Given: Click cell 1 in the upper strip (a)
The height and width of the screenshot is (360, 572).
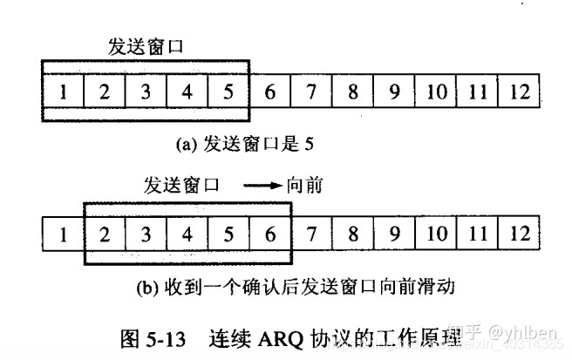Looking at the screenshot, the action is [x=63, y=92].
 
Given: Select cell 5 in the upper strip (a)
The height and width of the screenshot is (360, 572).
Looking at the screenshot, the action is [x=228, y=92].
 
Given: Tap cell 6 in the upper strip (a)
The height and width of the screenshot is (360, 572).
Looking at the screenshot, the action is [x=269, y=92].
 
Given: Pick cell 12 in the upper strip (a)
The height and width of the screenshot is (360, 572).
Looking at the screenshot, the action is [x=519, y=92].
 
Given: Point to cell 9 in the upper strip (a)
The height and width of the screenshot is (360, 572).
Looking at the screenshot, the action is [x=394, y=92].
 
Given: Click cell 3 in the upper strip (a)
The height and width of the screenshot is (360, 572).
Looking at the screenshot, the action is [x=146, y=92].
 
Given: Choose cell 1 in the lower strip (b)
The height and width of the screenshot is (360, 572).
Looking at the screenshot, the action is [x=63, y=234].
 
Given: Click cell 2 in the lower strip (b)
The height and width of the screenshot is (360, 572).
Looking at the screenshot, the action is [x=105, y=234].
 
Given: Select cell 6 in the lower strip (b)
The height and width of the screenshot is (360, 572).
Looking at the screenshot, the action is [x=269, y=234].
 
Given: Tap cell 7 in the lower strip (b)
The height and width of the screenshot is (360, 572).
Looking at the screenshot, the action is [x=311, y=234].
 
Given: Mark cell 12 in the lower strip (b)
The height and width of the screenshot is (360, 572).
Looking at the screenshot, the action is [x=519, y=234].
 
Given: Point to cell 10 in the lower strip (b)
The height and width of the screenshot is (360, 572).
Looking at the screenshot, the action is [x=436, y=234].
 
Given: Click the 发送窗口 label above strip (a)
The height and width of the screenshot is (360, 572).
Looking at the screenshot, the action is [x=146, y=46].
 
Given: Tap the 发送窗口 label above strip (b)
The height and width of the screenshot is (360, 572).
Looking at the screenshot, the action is [x=182, y=185].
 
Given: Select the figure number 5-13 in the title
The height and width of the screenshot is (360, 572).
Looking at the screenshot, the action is [x=167, y=336].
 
